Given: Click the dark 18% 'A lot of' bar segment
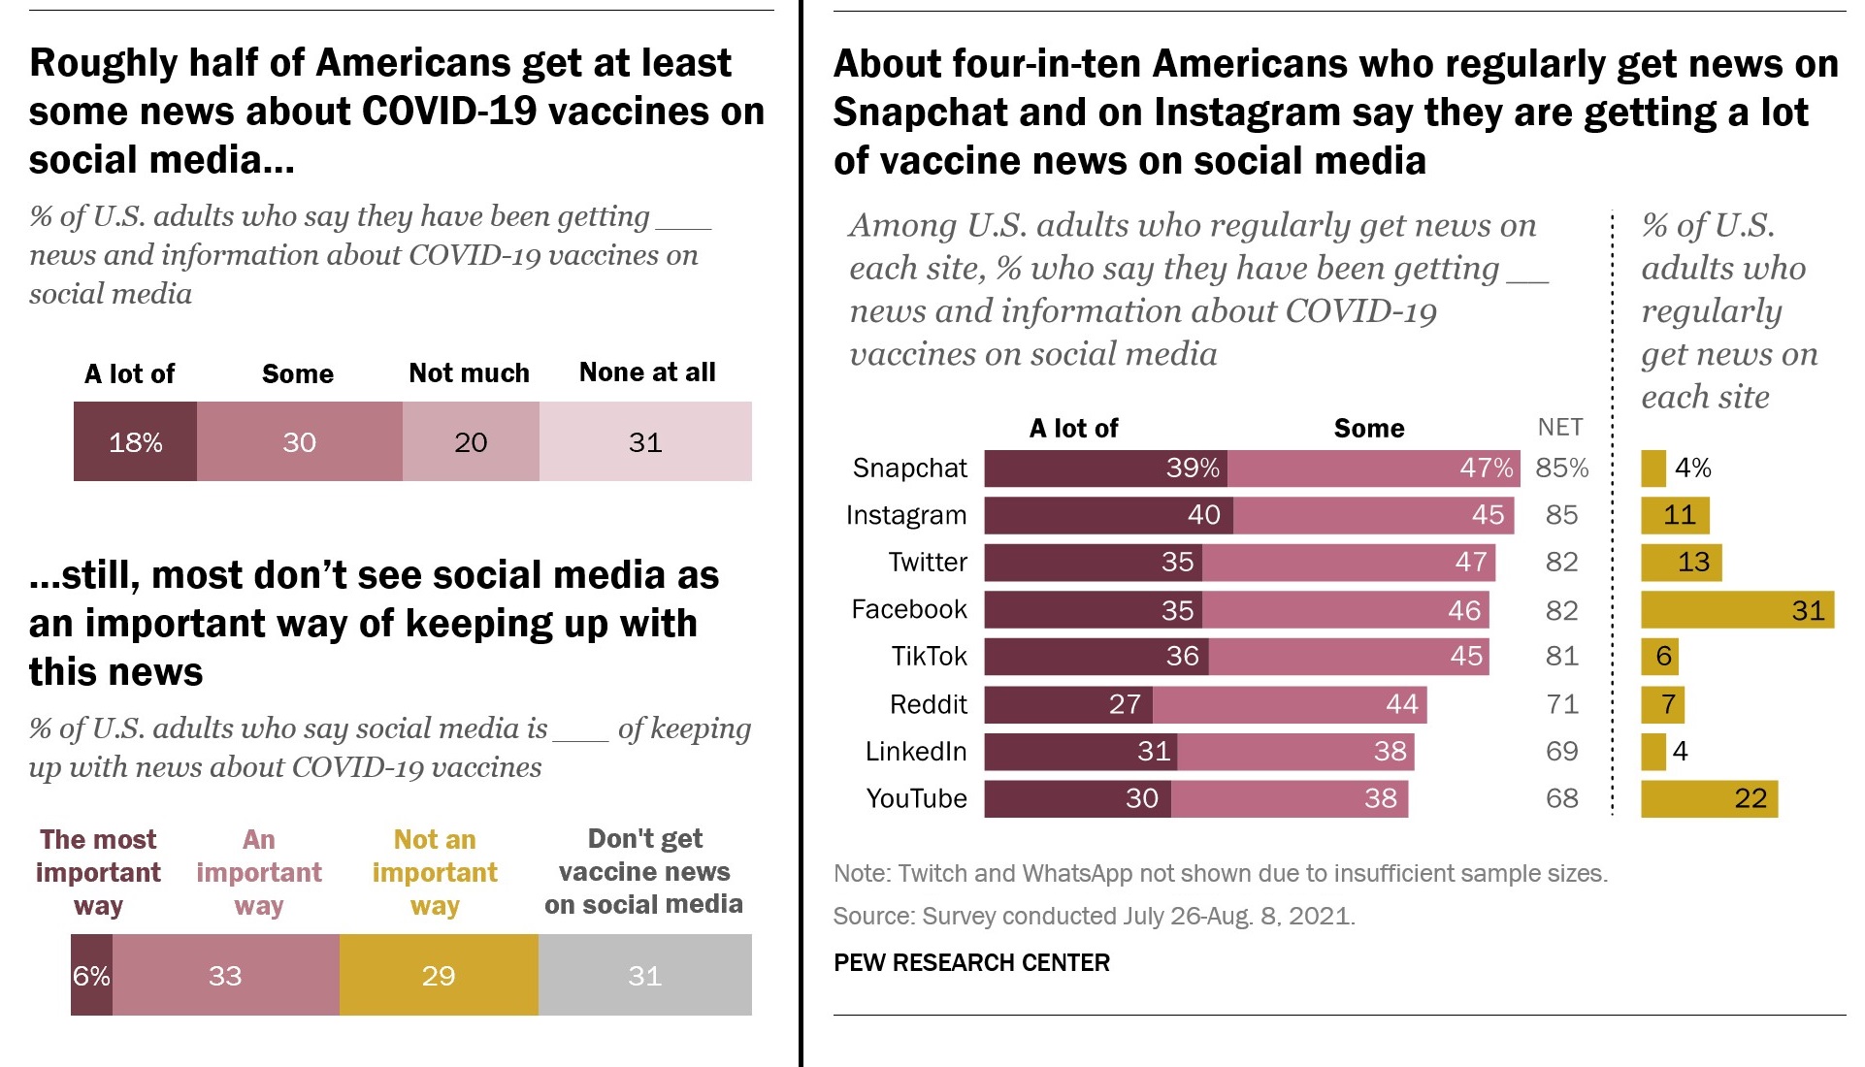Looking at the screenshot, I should (135, 442).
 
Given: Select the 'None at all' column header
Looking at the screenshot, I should (647, 372).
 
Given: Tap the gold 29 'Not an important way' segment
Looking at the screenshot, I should (439, 975).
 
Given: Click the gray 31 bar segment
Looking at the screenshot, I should (645, 975).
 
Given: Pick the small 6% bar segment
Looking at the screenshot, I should (91, 975).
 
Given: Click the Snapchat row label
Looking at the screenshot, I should (909, 469).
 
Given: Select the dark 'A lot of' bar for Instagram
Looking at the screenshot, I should (1108, 515).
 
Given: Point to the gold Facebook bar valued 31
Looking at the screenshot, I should (1737, 610).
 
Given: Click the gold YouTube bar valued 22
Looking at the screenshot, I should (1709, 799).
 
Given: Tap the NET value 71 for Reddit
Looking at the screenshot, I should (1562, 704).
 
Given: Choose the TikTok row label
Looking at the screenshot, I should (929, 657).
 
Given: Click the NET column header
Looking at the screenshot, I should (1560, 428).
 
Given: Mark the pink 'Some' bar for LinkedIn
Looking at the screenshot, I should (1295, 752).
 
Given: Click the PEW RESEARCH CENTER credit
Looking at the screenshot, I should (971, 963).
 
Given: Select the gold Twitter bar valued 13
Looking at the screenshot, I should (1681, 563).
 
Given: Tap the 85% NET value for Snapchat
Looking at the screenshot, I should (1562, 469).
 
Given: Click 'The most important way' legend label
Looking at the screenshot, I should (98, 872).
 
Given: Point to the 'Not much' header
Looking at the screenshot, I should (469, 373).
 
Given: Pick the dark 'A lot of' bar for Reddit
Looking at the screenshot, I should (1068, 704).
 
